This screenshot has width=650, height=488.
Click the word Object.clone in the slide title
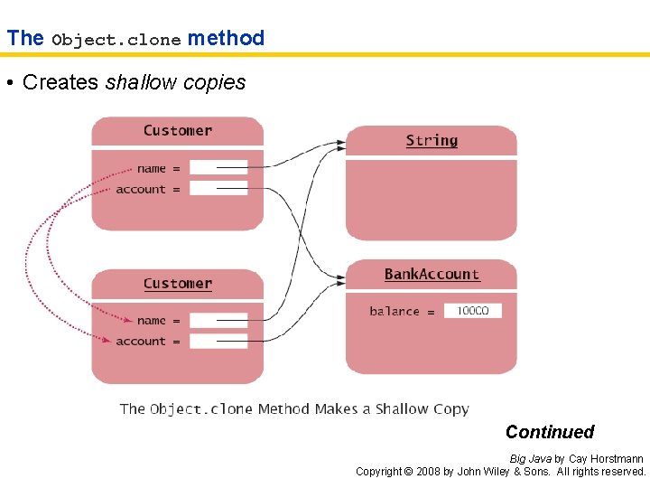[116, 39]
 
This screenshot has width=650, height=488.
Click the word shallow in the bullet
[140, 82]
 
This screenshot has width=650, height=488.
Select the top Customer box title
[178, 130]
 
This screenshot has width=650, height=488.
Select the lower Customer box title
[178, 284]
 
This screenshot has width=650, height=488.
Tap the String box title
[432, 140]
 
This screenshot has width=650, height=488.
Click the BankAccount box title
[432, 274]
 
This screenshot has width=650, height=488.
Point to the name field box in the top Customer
[218, 168]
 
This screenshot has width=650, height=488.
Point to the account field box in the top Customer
[218, 189]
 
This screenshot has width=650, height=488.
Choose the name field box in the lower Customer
[218, 321]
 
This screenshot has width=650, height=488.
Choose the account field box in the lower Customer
[218, 342]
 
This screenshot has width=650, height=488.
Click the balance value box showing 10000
[472, 311]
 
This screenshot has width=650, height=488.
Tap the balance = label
[402, 311]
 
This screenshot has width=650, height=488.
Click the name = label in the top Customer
[158, 168]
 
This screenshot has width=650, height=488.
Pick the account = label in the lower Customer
[147, 342]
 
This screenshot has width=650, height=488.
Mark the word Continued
[550, 432]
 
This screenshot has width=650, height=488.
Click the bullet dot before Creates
[9, 83]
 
